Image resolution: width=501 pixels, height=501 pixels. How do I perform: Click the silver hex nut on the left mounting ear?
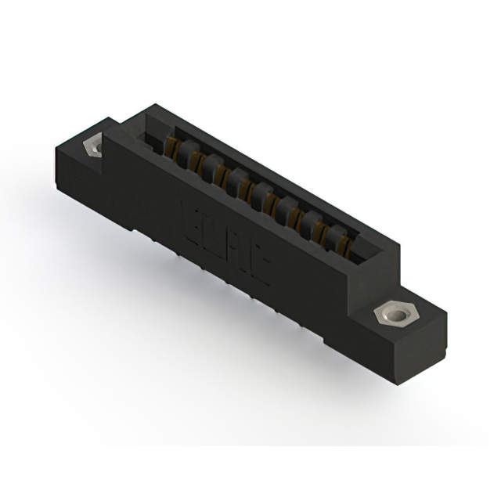96,146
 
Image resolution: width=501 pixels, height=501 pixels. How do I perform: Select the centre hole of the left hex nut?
96,146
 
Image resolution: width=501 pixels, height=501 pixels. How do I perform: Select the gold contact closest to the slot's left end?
167,146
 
